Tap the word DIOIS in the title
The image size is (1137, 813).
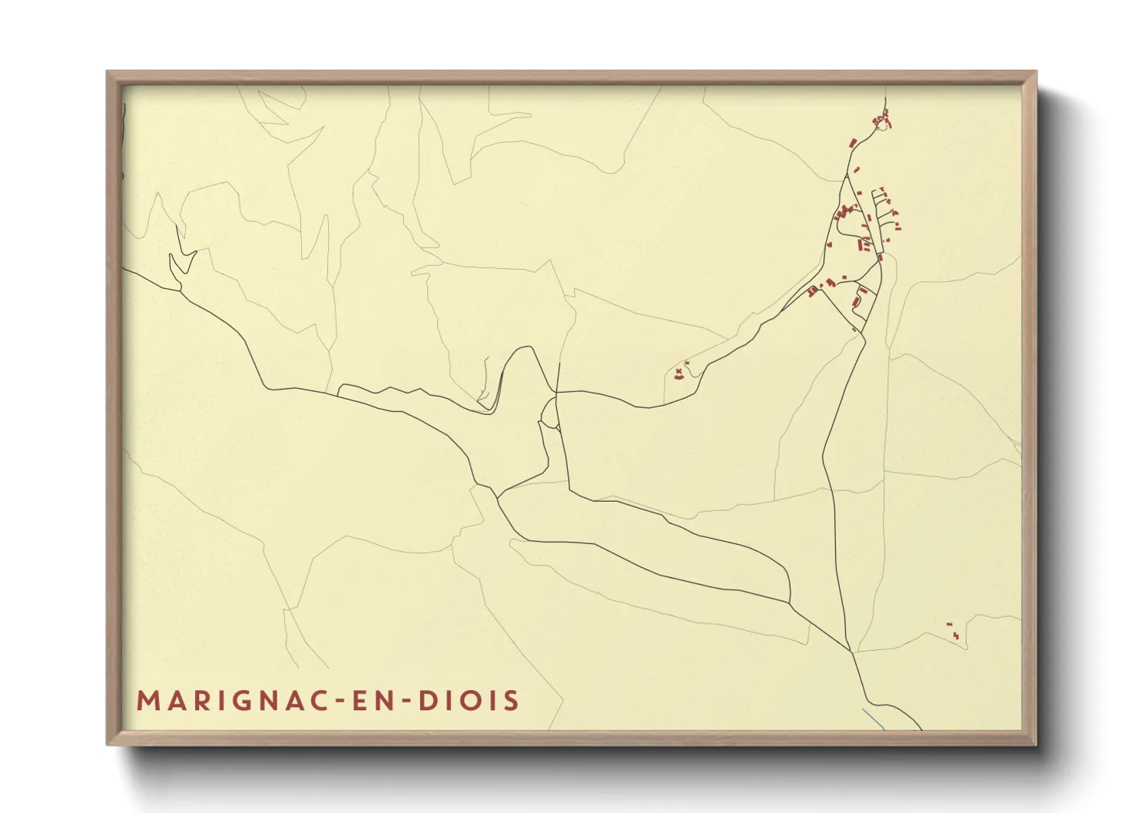click(469, 701)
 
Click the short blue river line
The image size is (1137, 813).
click(873, 719)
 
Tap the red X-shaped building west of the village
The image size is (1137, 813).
click(678, 372)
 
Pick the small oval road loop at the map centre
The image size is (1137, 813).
click(549, 412)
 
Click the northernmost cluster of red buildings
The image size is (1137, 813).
click(881, 118)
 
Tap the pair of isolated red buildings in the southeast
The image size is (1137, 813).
click(953, 632)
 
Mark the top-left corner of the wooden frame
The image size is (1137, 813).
click(108, 72)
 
